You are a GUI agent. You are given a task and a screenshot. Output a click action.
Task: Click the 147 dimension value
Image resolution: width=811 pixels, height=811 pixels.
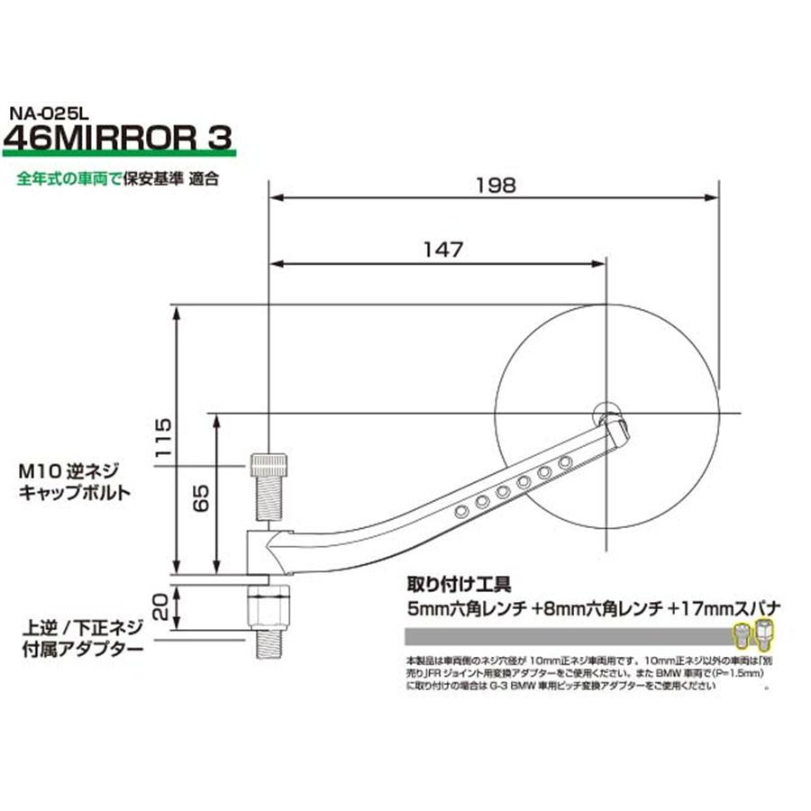pos(441,250)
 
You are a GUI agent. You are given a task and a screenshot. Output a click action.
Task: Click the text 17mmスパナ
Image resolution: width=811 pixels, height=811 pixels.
pos(724,606)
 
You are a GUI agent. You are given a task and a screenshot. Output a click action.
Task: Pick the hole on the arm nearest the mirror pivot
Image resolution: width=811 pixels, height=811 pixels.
pos(566,462)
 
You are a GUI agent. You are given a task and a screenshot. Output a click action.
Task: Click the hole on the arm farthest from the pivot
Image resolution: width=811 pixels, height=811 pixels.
pos(461,511)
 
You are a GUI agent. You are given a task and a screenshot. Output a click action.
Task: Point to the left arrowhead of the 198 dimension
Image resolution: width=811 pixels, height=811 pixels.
pos(275,196)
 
